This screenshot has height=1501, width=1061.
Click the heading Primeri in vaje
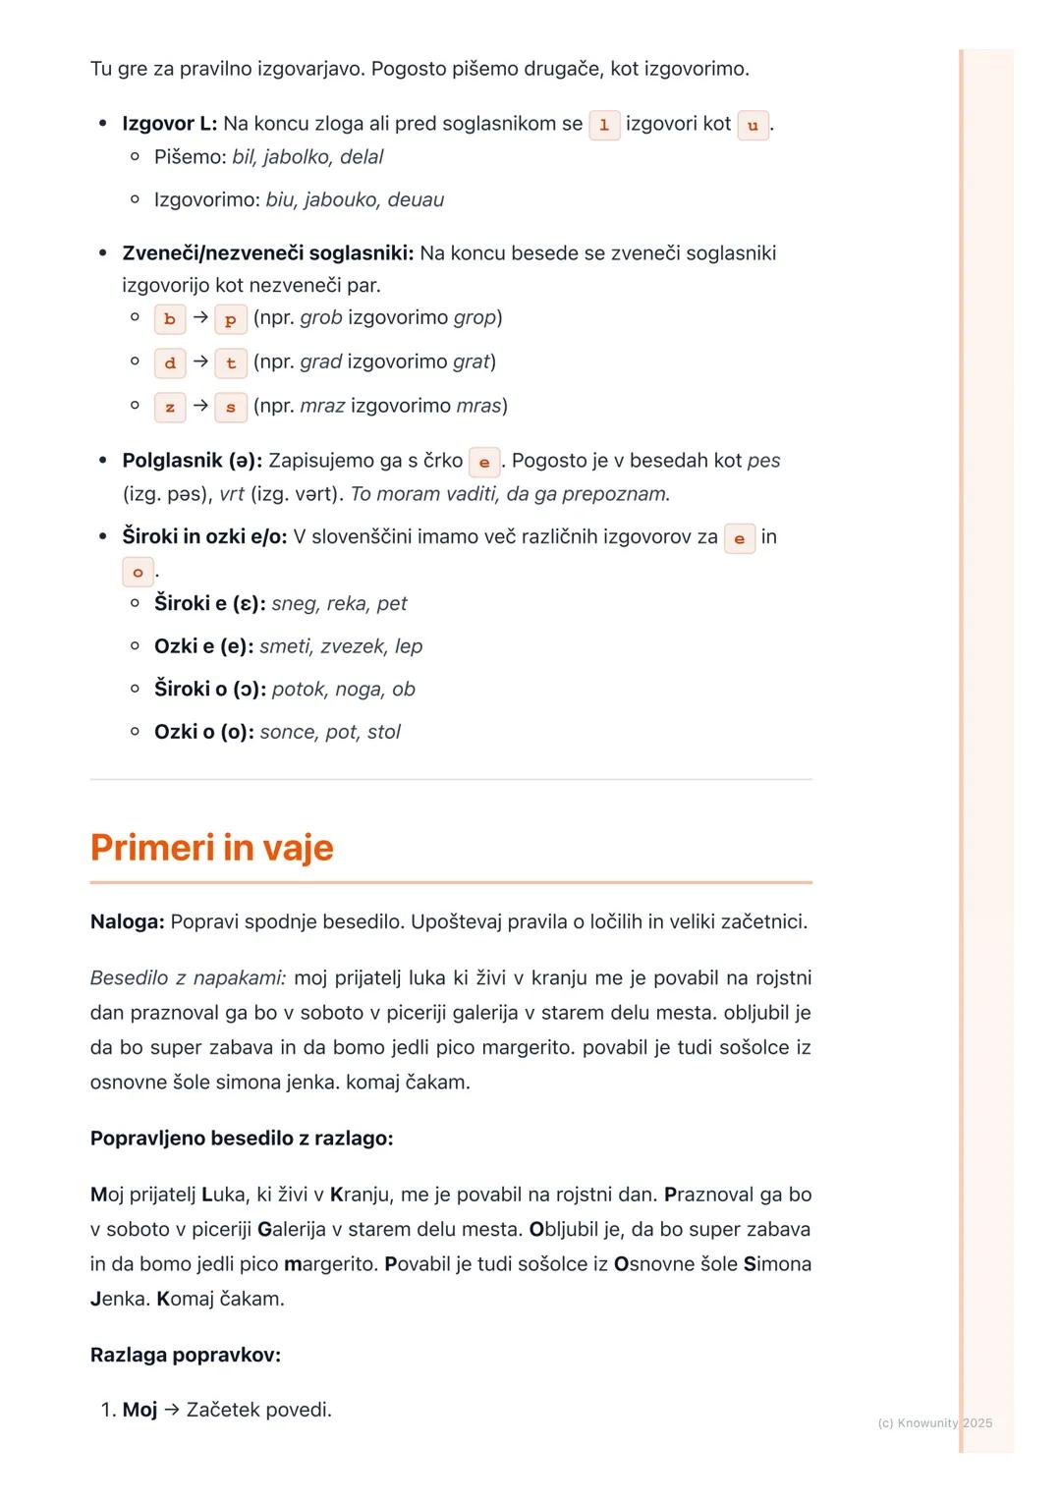coord(211,848)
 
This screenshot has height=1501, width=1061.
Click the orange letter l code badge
coord(604,125)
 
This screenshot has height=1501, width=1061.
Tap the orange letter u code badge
coord(753,125)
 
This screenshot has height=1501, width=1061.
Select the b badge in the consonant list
coord(170,319)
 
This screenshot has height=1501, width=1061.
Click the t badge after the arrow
coord(231,363)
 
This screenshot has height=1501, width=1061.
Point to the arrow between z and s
coord(200,406)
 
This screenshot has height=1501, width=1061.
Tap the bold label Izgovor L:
coord(169,124)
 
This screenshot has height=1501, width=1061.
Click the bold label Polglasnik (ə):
coord(192,461)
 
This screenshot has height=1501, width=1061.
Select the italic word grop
coord(475,318)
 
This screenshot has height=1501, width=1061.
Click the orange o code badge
coord(138,572)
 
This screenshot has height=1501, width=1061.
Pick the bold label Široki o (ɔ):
coord(209,690)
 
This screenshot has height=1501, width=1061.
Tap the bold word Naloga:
coord(127,922)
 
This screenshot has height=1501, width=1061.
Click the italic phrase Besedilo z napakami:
coord(188,978)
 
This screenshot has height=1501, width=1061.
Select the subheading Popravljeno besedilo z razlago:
coord(242,1139)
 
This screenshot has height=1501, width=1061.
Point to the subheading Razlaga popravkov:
coord(186,1356)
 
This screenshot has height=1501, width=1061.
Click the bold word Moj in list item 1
coord(140,1411)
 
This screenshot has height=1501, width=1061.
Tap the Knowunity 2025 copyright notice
coord(934,1423)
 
